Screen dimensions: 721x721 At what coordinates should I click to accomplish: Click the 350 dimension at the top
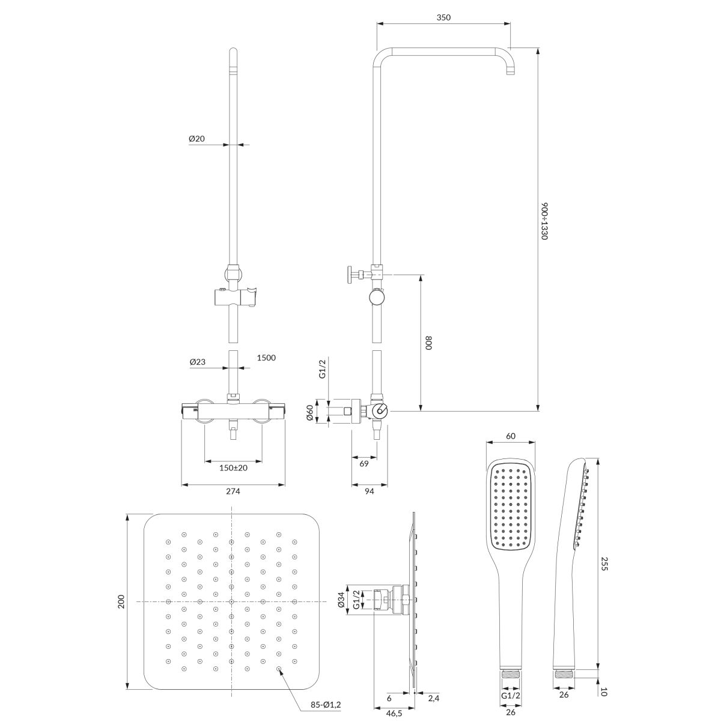coord(443,17)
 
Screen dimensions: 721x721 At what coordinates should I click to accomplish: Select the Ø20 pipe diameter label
coord(197,138)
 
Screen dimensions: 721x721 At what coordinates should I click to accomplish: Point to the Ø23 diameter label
coord(198,362)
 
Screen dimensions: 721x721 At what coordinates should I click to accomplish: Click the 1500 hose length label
coord(266,357)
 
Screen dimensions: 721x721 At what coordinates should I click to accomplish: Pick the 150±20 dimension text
coord(233,467)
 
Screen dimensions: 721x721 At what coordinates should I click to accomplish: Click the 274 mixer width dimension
coord(233,491)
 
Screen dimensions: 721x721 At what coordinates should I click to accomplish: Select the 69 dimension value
coord(364,464)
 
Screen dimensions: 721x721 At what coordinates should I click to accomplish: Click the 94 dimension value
coord(369,491)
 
